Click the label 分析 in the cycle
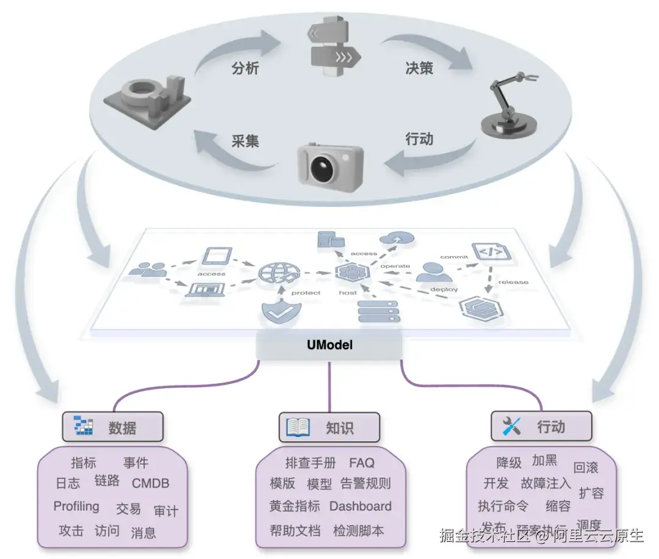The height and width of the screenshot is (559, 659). (x=245, y=68)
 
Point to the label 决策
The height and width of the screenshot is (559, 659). (x=419, y=68)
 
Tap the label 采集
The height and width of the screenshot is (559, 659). (x=245, y=141)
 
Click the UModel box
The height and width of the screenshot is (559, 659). (x=329, y=345)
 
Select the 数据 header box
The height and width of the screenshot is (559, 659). (x=113, y=427)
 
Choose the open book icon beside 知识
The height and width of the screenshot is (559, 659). (x=298, y=427)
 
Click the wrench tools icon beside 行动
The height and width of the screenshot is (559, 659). (x=511, y=426)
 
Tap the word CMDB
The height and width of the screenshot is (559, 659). (x=151, y=483)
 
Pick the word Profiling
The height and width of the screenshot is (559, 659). (x=76, y=507)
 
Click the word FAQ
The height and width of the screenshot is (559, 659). (x=362, y=463)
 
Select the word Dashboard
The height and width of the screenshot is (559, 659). (x=361, y=507)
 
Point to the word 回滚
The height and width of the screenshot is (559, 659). (x=586, y=468)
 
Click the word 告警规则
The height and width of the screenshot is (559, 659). (x=366, y=484)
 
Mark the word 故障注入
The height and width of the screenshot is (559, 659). (x=546, y=483)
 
